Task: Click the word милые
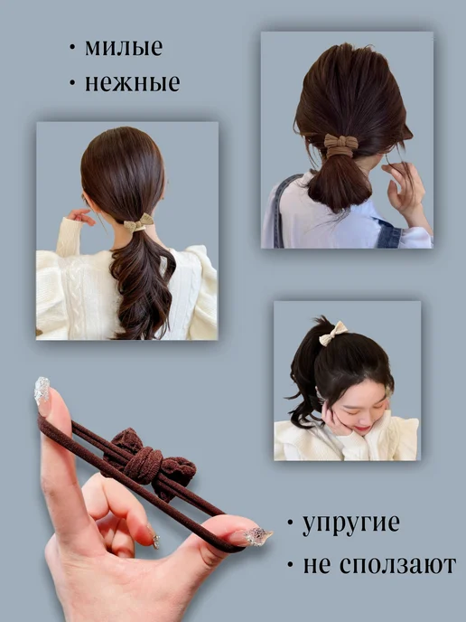[x=124, y=48]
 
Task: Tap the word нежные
[x=133, y=83]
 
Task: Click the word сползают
[x=398, y=565]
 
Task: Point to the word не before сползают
[x=316, y=566]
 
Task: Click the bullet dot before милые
[x=72, y=48]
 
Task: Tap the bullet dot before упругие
[x=290, y=523]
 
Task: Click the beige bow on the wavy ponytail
[x=139, y=222]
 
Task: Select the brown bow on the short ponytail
[x=340, y=146]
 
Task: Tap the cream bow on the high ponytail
[x=333, y=334]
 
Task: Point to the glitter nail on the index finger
[x=42, y=390]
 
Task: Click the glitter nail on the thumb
[x=257, y=536]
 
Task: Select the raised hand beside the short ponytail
[x=403, y=188]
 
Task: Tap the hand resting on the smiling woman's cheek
[x=336, y=419]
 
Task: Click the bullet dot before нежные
[x=72, y=83]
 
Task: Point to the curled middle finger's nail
[x=155, y=540]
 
